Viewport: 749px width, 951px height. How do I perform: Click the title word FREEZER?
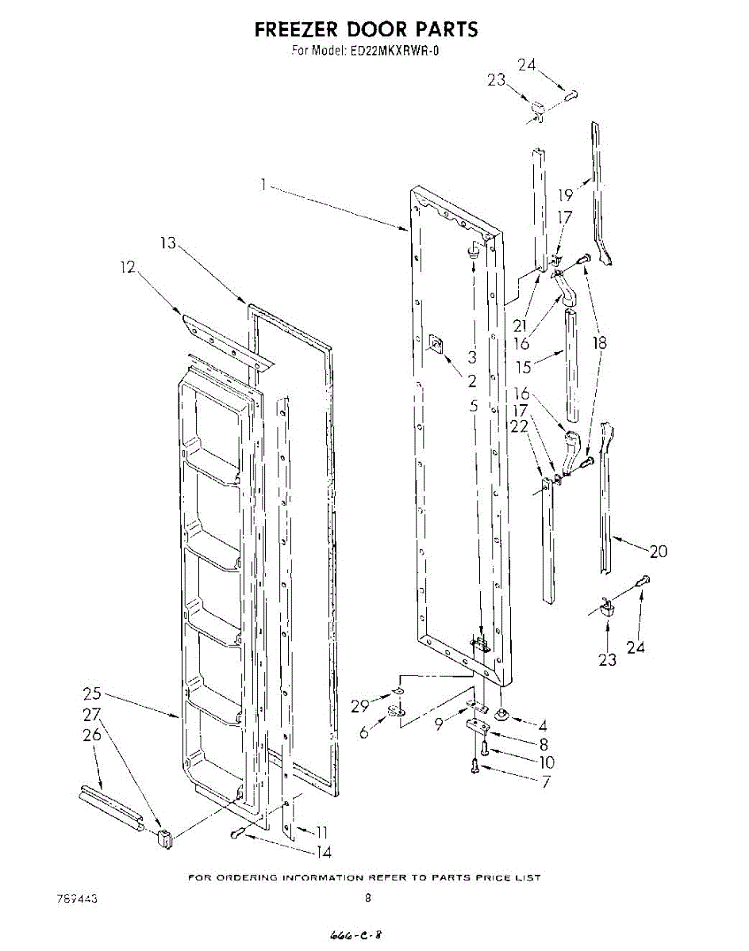[x=297, y=30]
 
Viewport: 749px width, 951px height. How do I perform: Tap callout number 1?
[x=263, y=185]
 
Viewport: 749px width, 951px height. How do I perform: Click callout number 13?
[x=168, y=243]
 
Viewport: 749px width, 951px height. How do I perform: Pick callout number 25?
[x=92, y=693]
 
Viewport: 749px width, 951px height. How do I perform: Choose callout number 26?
[x=92, y=735]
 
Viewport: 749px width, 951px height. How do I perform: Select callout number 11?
[x=321, y=832]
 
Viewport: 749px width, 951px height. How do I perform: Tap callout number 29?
[x=360, y=706]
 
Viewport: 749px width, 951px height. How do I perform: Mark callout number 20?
[x=658, y=552]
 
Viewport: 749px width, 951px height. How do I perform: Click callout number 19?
[x=565, y=195]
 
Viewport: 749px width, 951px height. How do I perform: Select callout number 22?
[x=519, y=426]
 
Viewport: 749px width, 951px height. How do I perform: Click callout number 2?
[x=472, y=381]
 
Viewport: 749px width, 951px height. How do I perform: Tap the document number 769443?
[x=78, y=899]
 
